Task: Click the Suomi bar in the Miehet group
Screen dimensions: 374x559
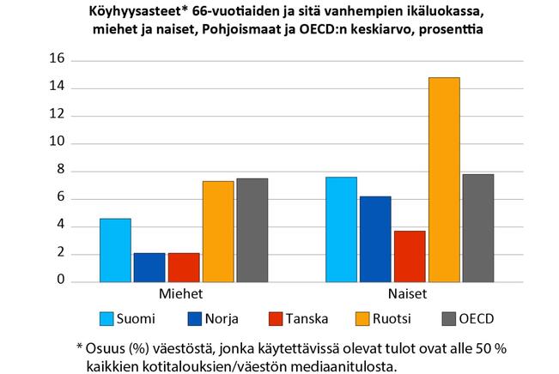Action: [115, 250]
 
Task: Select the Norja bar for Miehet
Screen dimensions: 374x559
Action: [149, 267]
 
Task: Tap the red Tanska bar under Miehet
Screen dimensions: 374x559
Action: [184, 267]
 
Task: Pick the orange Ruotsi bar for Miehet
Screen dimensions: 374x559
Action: [218, 231]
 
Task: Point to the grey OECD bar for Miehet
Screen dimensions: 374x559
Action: [252, 230]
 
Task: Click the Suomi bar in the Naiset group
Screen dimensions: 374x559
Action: [341, 229]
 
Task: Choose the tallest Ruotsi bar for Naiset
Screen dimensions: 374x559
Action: [444, 179]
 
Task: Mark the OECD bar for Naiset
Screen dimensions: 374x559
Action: [478, 227]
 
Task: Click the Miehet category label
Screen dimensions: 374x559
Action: [183, 293]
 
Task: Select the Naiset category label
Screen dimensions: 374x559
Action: [409, 293]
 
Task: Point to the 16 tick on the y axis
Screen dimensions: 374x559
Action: [58, 60]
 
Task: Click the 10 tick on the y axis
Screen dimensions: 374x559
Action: [58, 143]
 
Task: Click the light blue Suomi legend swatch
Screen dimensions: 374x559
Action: [109, 319]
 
